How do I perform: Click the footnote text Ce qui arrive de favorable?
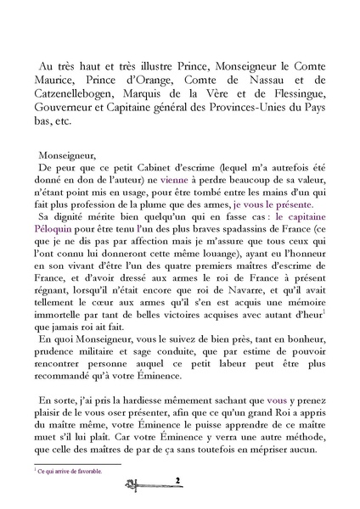pyautogui.click(x=69, y=470)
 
